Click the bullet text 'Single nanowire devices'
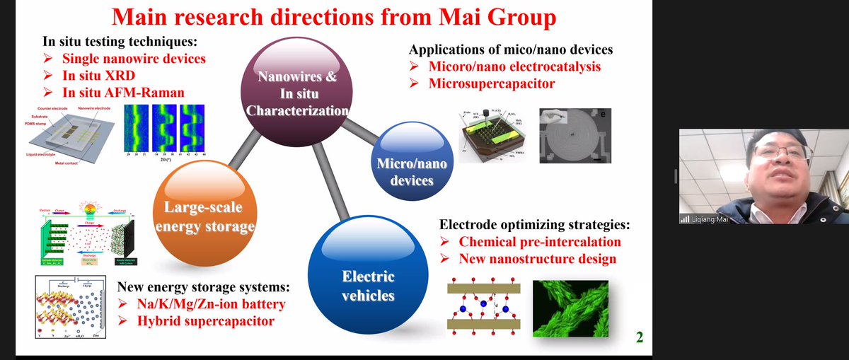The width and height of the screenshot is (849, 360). (134, 58)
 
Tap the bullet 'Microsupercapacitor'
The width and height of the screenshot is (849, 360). (492, 83)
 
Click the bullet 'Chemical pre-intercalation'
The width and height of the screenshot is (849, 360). (539, 242)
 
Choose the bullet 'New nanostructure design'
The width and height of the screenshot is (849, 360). (537, 259)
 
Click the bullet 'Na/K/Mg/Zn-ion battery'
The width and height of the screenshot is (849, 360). (202, 305)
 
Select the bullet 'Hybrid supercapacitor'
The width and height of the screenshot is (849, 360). (196, 322)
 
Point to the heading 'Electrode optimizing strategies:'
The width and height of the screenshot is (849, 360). (534, 225)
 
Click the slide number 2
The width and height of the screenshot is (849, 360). (640, 337)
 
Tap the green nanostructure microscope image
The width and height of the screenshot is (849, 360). (570, 308)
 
